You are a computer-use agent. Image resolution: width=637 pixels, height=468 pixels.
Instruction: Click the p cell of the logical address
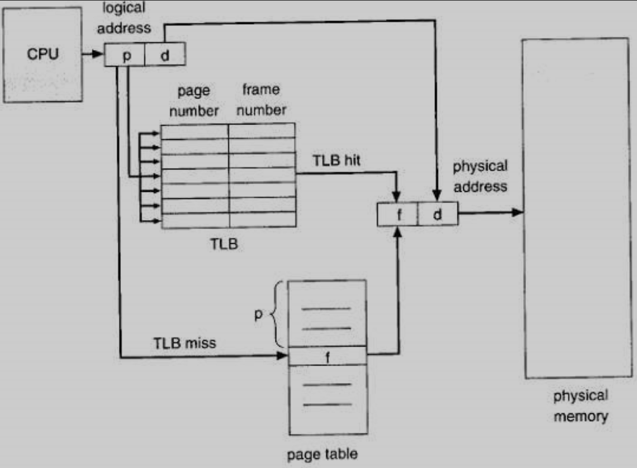click(125, 55)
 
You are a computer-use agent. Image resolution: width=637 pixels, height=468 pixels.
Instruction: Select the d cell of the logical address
click(165, 55)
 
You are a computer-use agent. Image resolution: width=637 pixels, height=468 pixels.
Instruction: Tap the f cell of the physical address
click(397, 214)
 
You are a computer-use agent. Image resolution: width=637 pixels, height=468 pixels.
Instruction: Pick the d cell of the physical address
click(437, 214)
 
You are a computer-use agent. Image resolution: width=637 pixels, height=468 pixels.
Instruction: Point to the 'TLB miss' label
click(184, 344)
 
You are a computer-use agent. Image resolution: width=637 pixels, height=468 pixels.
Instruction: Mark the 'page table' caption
click(322, 454)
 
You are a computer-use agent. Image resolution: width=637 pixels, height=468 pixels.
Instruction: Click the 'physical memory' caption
click(580, 406)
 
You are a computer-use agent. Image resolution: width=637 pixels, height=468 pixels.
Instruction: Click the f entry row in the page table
click(328, 356)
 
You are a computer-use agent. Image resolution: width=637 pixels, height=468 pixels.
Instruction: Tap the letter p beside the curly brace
click(259, 314)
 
